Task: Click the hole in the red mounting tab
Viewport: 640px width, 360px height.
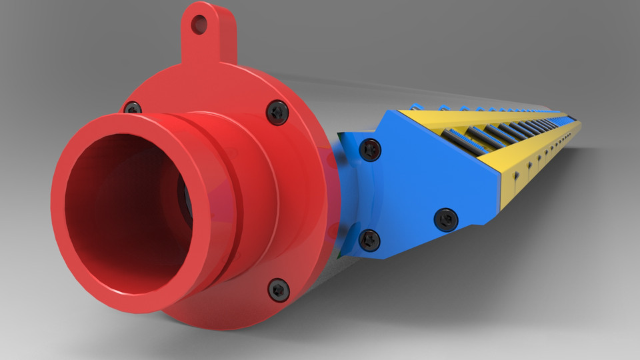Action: coord(199,25)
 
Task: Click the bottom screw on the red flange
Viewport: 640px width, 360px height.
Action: coord(279,289)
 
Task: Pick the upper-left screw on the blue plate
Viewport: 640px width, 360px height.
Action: coord(369,149)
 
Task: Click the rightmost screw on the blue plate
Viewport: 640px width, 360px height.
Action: coord(445,219)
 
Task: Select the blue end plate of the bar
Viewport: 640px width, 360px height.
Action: coord(427,180)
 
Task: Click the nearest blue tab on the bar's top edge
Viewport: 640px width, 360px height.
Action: coord(417,107)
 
